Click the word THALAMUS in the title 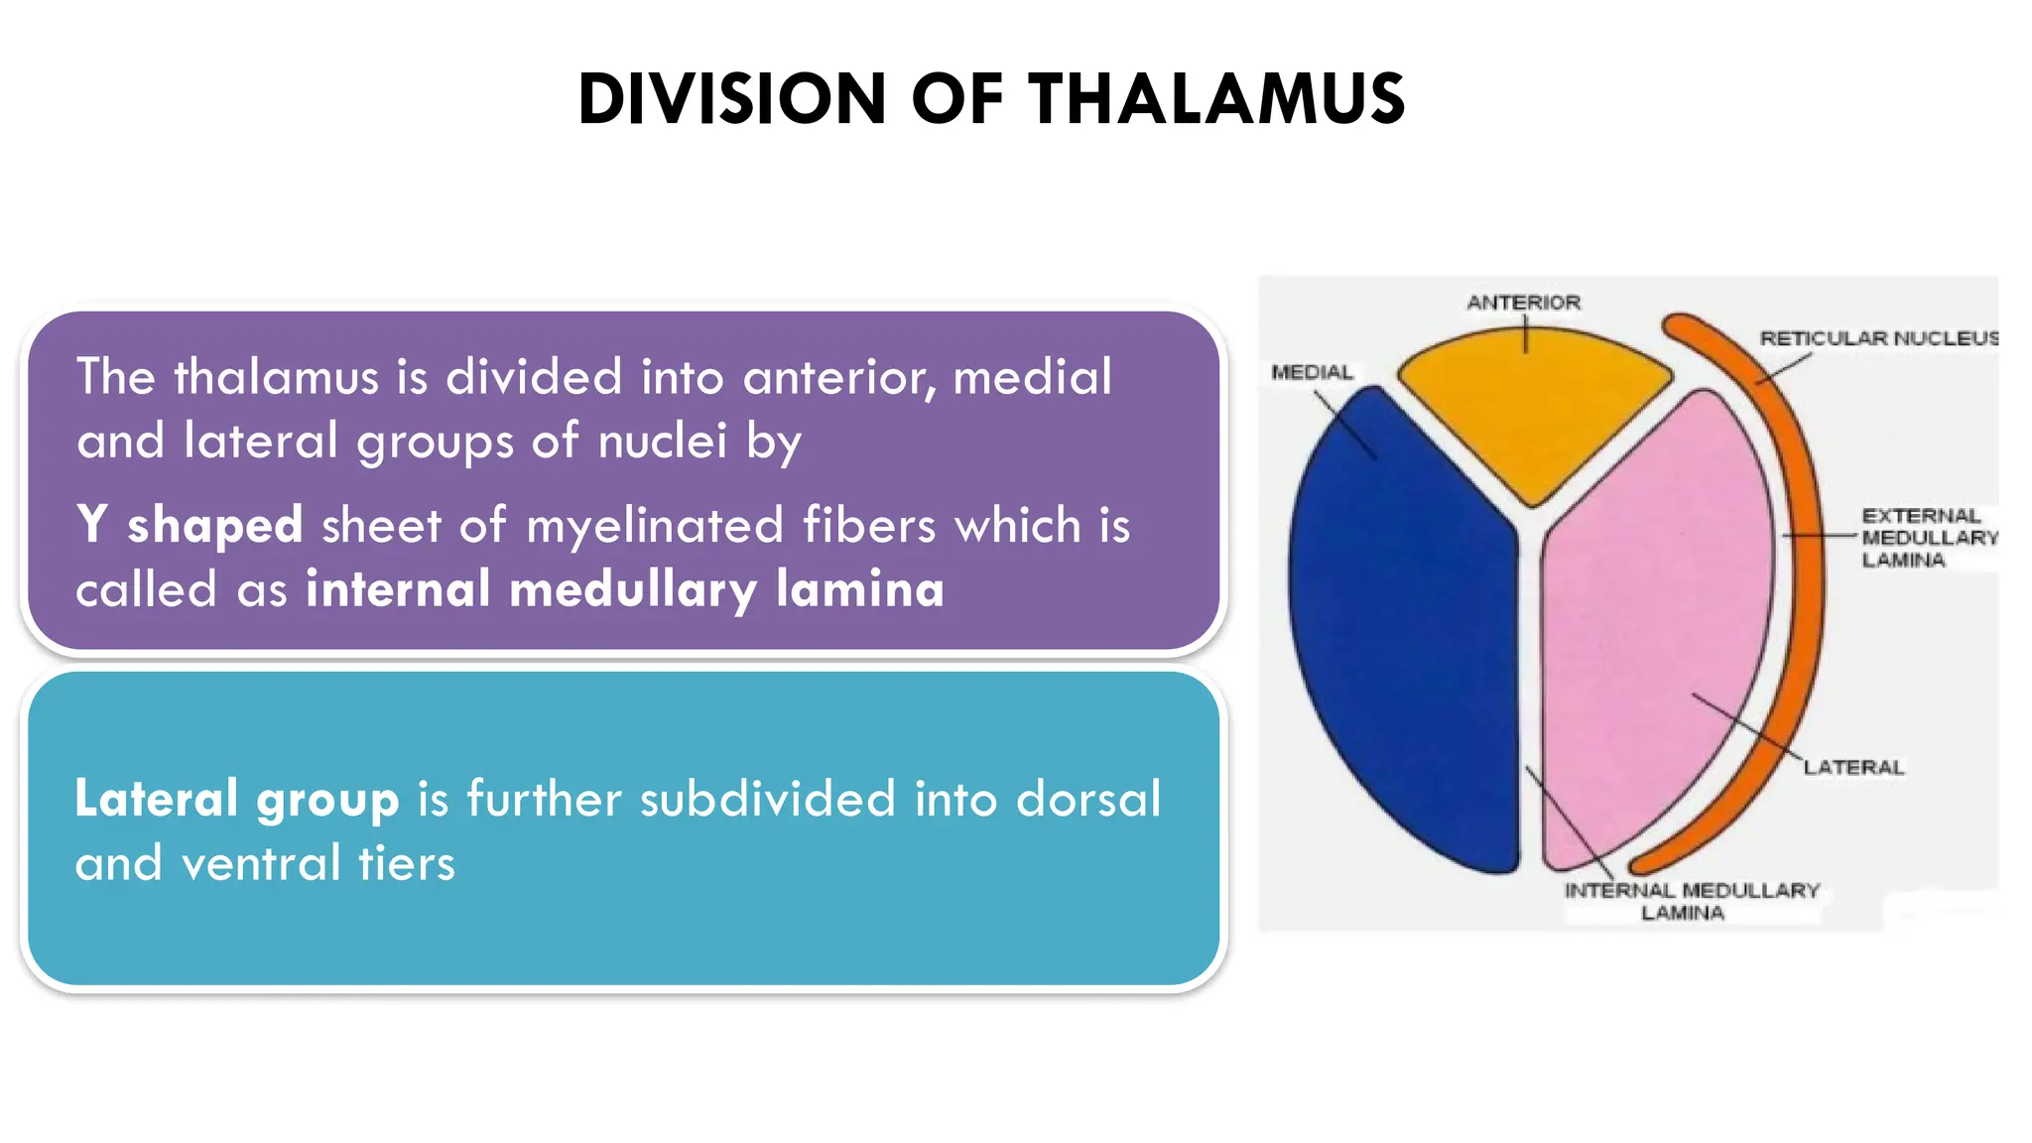tap(1215, 99)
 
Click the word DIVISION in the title tap(731, 99)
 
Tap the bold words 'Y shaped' tap(190, 524)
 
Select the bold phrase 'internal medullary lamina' tap(625, 588)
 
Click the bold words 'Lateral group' tap(237, 799)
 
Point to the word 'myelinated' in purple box tap(655, 525)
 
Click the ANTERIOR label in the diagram tap(1523, 303)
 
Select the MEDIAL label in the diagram tap(1312, 372)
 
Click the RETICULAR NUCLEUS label tap(1878, 338)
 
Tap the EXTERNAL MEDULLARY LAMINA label tap(1927, 538)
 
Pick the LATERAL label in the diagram tap(1853, 767)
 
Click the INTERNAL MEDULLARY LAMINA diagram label tap(1691, 901)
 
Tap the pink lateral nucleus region tap(1647, 615)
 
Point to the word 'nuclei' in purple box tap(663, 441)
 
